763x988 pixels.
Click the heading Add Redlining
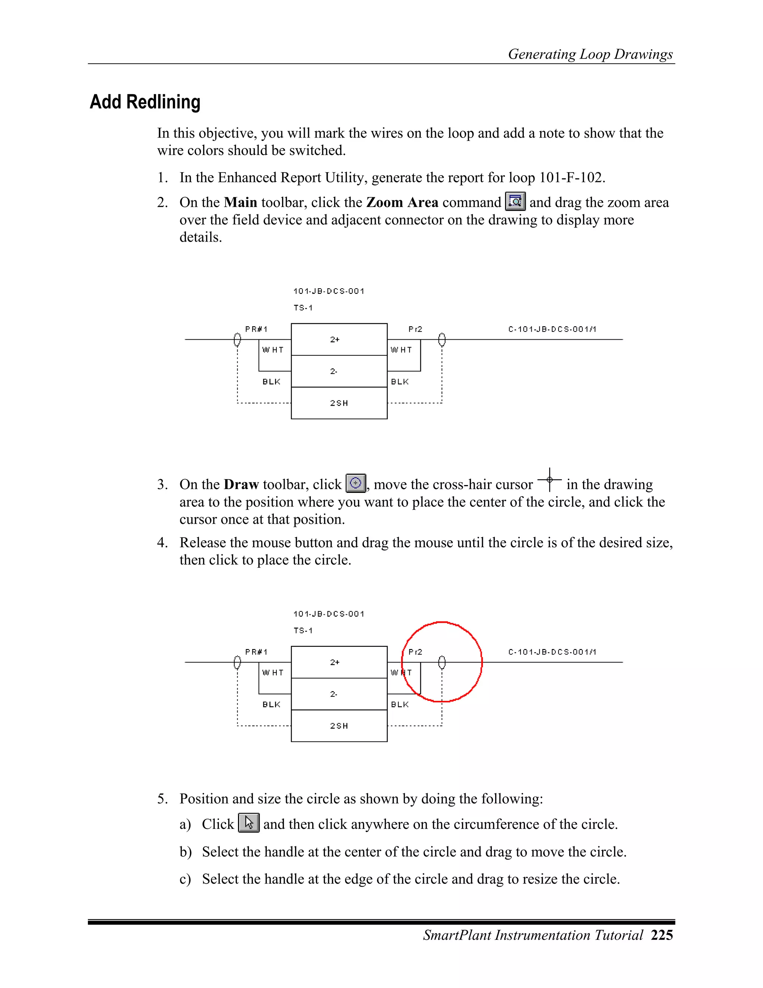[145, 102]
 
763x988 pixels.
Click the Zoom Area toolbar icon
[515, 201]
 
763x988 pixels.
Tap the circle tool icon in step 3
[356, 483]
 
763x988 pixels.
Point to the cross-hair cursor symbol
[549, 479]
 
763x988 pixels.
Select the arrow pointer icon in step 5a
[248, 823]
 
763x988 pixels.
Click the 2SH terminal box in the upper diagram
[339, 403]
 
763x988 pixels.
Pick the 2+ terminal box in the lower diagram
[339, 662]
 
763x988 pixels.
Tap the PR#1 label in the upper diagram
[256, 329]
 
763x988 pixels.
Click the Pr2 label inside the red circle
[415, 652]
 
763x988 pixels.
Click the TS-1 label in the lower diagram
[303, 630]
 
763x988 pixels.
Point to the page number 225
[662, 935]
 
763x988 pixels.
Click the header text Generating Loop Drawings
[591, 54]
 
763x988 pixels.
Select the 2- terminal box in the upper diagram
[339, 371]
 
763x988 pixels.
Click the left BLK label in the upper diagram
[271, 382]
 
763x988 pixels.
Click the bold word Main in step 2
[240, 202]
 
